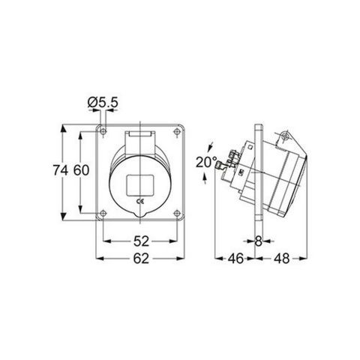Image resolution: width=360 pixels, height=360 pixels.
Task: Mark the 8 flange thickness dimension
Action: [259, 241]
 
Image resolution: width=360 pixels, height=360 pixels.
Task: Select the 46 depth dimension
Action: [235, 259]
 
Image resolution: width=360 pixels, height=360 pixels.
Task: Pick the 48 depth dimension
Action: [282, 259]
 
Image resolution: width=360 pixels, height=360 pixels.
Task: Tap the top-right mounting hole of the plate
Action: [175, 132]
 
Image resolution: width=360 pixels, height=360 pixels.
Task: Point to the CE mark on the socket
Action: [139, 200]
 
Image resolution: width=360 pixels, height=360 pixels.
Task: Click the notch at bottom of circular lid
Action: [139, 217]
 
